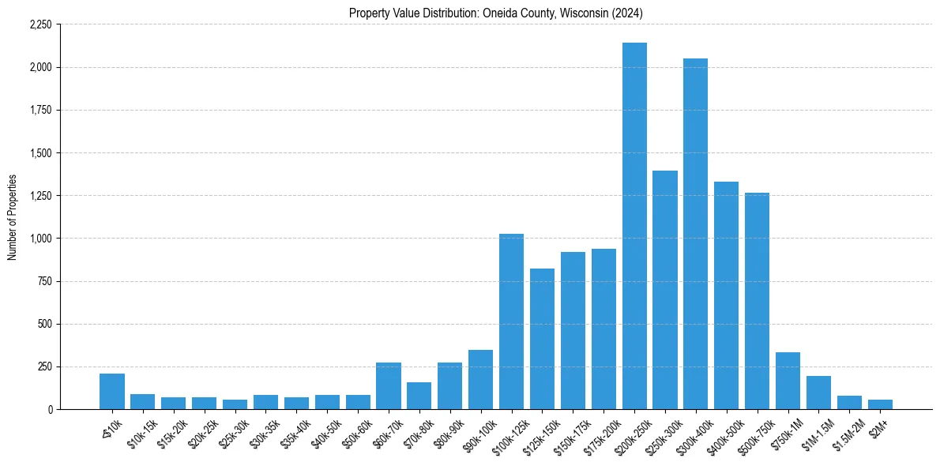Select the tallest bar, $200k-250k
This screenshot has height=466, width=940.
click(634, 226)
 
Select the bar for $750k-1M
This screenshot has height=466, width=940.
click(788, 381)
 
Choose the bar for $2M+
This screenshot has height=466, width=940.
click(880, 404)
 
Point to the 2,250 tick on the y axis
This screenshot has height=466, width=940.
click(40, 24)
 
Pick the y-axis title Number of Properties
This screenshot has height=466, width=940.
click(13, 217)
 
